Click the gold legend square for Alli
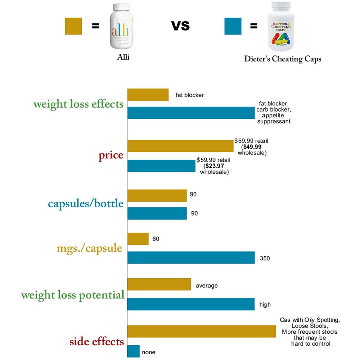[x=73, y=26]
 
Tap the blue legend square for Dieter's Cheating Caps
[x=233, y=26]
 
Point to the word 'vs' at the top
[x=180, y=26]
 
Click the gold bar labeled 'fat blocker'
[x=148, y=95]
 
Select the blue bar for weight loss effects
[x=191, y=113]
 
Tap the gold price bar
[x=180, y=146]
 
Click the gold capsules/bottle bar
[x=157, y=195]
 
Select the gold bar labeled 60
[x=138, y=239]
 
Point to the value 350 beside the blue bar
[x=265, y=258]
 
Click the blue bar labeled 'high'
[x=191, y=304]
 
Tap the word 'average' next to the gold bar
[x=207, y=286]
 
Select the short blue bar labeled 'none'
[x=134, y=351]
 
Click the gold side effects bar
[x=202, y=332]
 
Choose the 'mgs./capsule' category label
[x=89, y=248]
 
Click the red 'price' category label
[x=111, y=156]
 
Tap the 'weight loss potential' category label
[x=72, y=295]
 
